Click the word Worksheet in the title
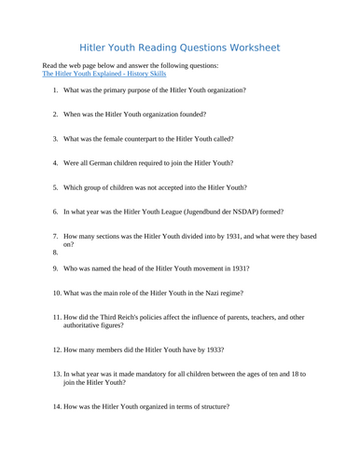pyautogui.click(x=250, y=47)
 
